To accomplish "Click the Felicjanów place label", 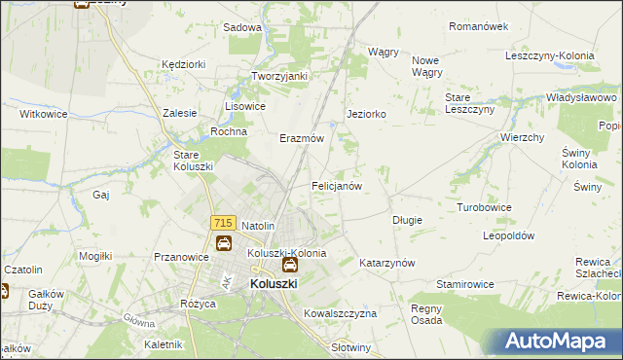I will point(337,185).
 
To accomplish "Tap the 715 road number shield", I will point(222,224).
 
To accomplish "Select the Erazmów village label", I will point(302,138).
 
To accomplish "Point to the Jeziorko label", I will point(367,114).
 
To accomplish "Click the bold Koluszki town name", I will point(274,283).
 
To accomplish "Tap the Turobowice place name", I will point(485,208).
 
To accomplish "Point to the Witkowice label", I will point(44,114).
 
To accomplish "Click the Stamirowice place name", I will point(465,283).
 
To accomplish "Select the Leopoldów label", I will point(510,235).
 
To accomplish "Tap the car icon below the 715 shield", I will point(223,242).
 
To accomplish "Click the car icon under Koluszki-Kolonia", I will point(289,265).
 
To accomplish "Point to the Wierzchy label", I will point(522,138).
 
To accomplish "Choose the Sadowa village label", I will point(243,27).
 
